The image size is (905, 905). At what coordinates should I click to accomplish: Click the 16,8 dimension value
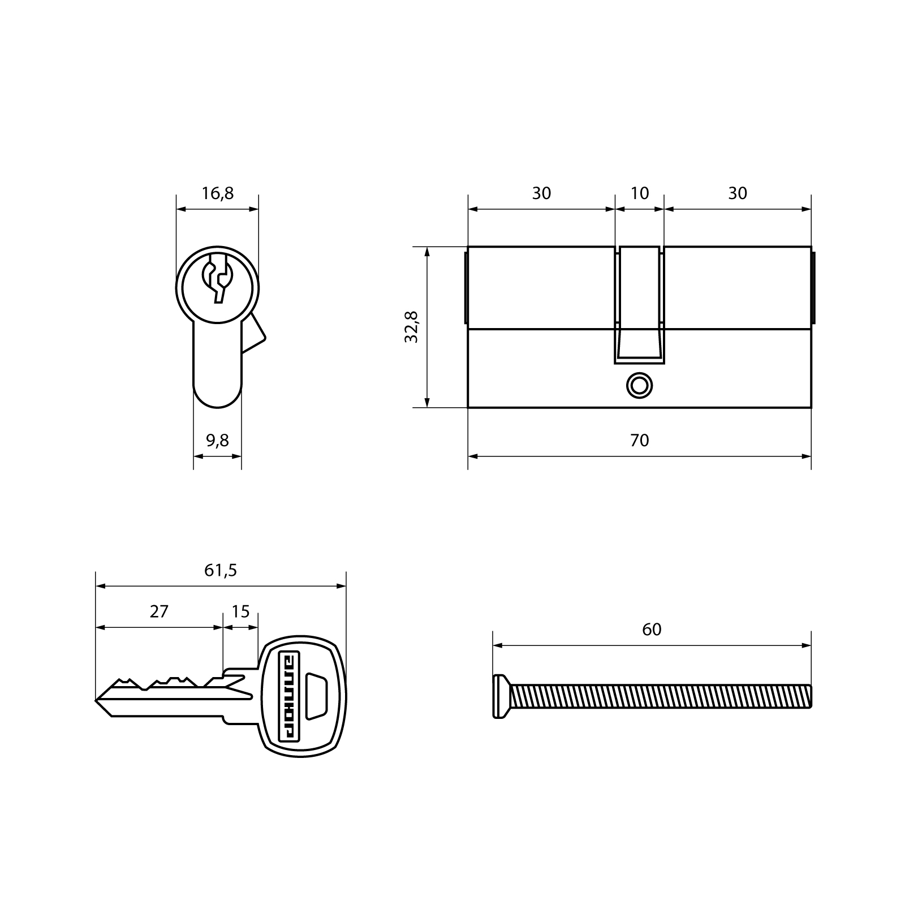(x=218, y=193)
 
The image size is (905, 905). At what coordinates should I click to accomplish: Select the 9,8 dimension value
(x=218, y=440)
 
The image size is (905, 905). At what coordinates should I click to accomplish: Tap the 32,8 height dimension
(x=411, y=327)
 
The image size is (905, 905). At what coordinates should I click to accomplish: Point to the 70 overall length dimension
(x=640, y=440)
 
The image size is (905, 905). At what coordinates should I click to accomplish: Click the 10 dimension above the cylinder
(x=640, y=193)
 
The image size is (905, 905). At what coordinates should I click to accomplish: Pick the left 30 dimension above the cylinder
(x=541, y=193)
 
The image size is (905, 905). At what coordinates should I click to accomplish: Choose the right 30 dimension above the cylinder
(x=738, y=193)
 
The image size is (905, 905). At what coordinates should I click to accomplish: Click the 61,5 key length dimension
(x=221, y=570)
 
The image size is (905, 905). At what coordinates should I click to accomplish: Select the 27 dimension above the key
(x=159, y=611)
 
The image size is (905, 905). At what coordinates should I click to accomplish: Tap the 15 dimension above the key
(x=240, y=611)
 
